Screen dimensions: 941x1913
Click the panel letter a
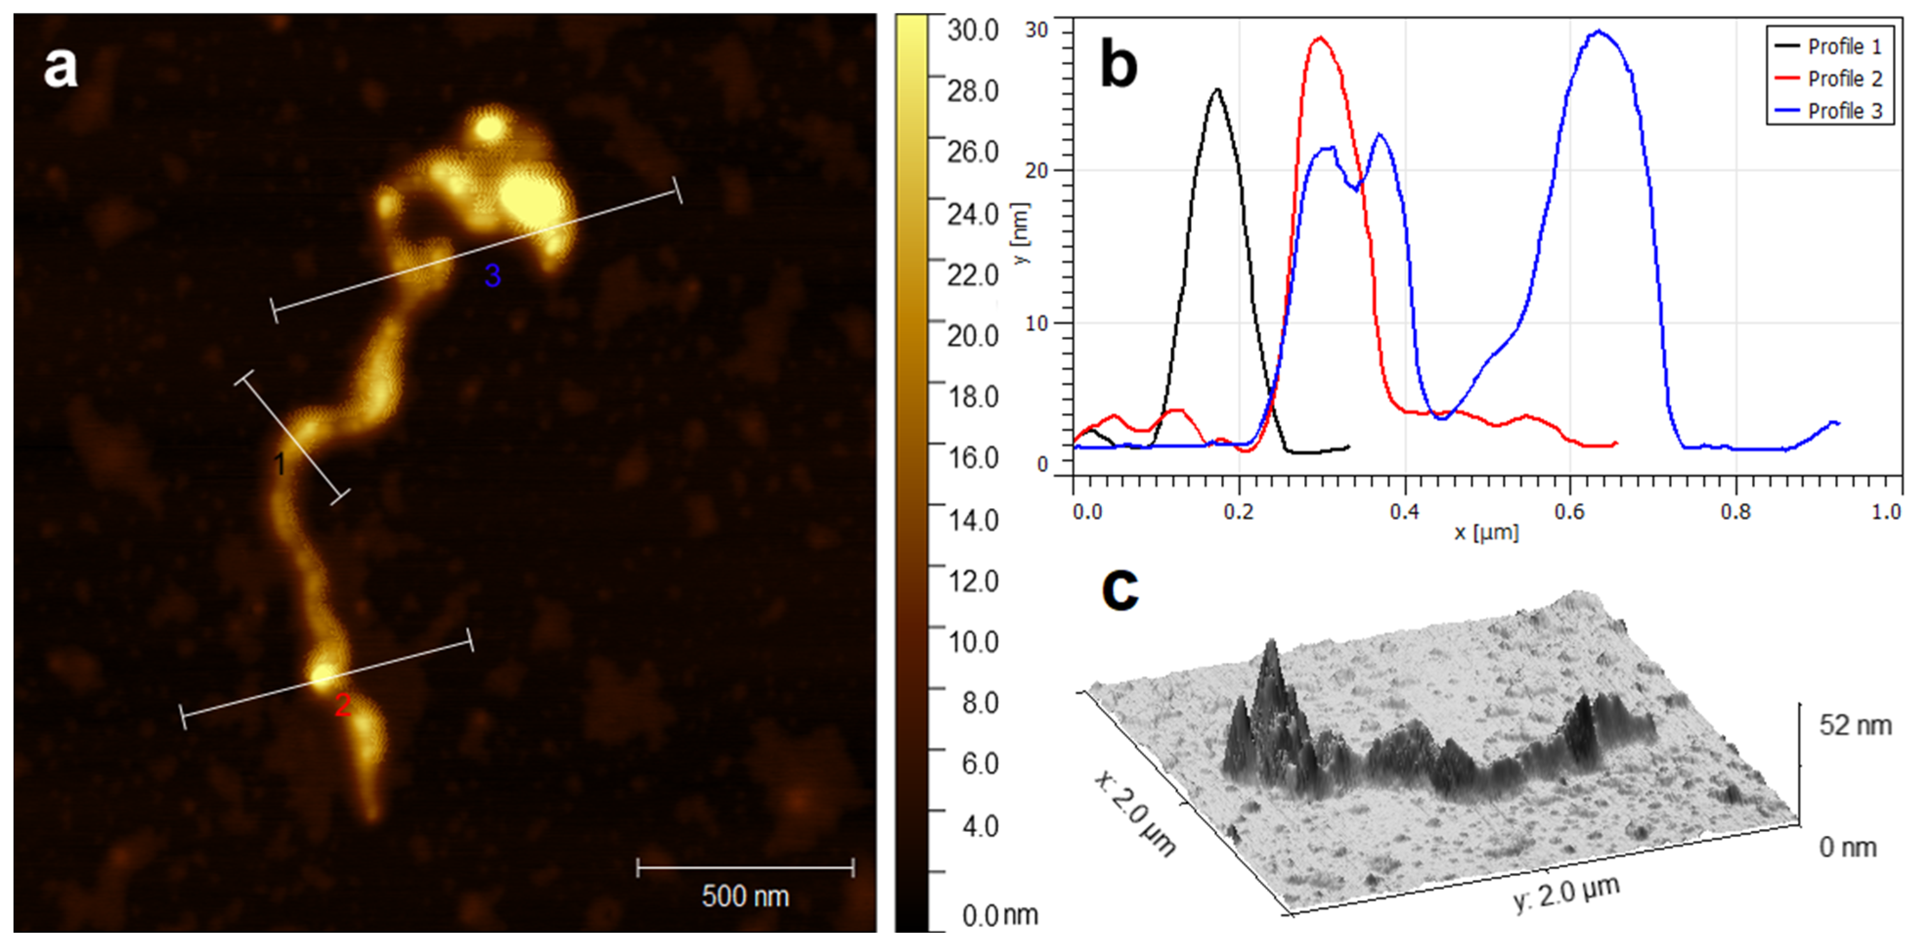click(60, 68)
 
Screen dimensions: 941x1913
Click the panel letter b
click(1119, 64)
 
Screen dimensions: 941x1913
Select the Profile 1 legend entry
click(1844, 47)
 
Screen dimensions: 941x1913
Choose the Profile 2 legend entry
click(1844, 79)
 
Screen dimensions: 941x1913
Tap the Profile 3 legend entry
click(1844, 112)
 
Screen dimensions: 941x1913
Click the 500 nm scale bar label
click(745, 896)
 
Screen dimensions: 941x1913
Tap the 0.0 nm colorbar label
click(999, 916)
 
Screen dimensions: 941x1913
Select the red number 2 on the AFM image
click(342, 705)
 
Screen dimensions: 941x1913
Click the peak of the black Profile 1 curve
click(1216, 90)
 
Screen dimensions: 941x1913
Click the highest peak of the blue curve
click(1598, 32)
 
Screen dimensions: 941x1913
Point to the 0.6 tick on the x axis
click(1569, 512)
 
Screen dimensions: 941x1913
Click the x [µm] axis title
click(1487, 533)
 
